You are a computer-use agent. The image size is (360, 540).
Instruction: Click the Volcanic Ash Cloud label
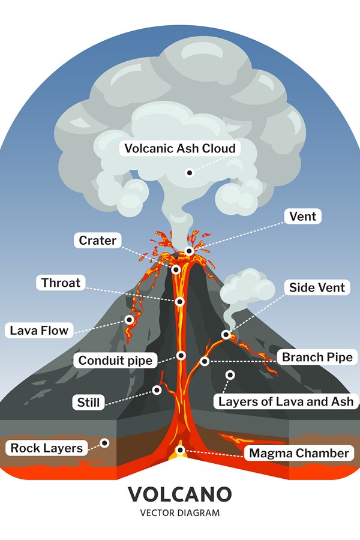pos(180,148)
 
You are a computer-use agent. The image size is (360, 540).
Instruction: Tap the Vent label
pos(303,216)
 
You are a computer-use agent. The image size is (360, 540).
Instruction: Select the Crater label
pos(97,241)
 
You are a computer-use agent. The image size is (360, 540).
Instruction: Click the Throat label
pos(61,283)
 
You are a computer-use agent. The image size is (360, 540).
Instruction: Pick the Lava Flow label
pos(39,330)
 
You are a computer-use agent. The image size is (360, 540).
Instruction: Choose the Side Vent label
pos(317,287)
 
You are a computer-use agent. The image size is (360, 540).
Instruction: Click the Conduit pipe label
pos(115,360)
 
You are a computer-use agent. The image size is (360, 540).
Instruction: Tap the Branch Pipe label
pos(317,357)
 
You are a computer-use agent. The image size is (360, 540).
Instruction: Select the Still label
pos(88,402)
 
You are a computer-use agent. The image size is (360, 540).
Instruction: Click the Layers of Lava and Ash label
pos(286,401)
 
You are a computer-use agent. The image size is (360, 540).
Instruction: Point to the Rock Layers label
pos(47,448)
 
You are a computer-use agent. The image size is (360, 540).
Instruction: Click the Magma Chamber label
pos(299,453)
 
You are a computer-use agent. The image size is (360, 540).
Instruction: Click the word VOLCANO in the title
pos(180,494)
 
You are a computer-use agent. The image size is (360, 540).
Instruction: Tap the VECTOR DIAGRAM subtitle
pos(180,513)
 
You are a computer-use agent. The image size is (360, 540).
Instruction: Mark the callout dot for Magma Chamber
pos(180,450)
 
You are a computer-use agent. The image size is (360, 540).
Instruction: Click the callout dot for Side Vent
pos(226,334)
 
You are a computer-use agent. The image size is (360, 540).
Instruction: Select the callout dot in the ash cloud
pos(189,173)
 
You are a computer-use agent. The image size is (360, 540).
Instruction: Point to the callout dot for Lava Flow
pos(129,320)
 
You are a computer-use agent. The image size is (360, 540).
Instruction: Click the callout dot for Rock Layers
pos(104,443)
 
